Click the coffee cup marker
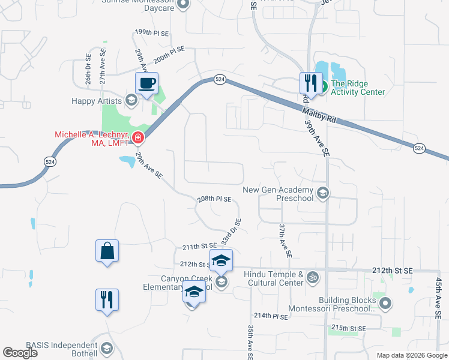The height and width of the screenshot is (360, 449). click(x=146, y=83)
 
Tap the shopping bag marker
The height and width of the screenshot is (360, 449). click(x=107, y=251)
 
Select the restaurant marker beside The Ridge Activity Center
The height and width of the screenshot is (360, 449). click(x=310, y=82)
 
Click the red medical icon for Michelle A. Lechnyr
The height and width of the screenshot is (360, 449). click(x=137, y=138)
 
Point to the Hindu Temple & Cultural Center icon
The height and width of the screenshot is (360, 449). click(x=312, y=277)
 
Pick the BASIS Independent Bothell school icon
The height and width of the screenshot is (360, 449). click(x=106, y=348)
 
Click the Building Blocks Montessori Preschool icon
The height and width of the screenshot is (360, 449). click(x=385, y=304)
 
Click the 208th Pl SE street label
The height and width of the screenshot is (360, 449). click(x=215, y=199)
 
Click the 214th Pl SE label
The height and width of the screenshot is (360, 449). click(x=271, y=316)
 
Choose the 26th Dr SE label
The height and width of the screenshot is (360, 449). click(x=88, y=69)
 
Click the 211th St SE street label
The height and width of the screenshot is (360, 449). click(x=199, y=247)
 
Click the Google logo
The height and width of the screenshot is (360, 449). click(x=20, y=353)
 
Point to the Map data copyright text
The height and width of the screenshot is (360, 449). click(x=411, y=355)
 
